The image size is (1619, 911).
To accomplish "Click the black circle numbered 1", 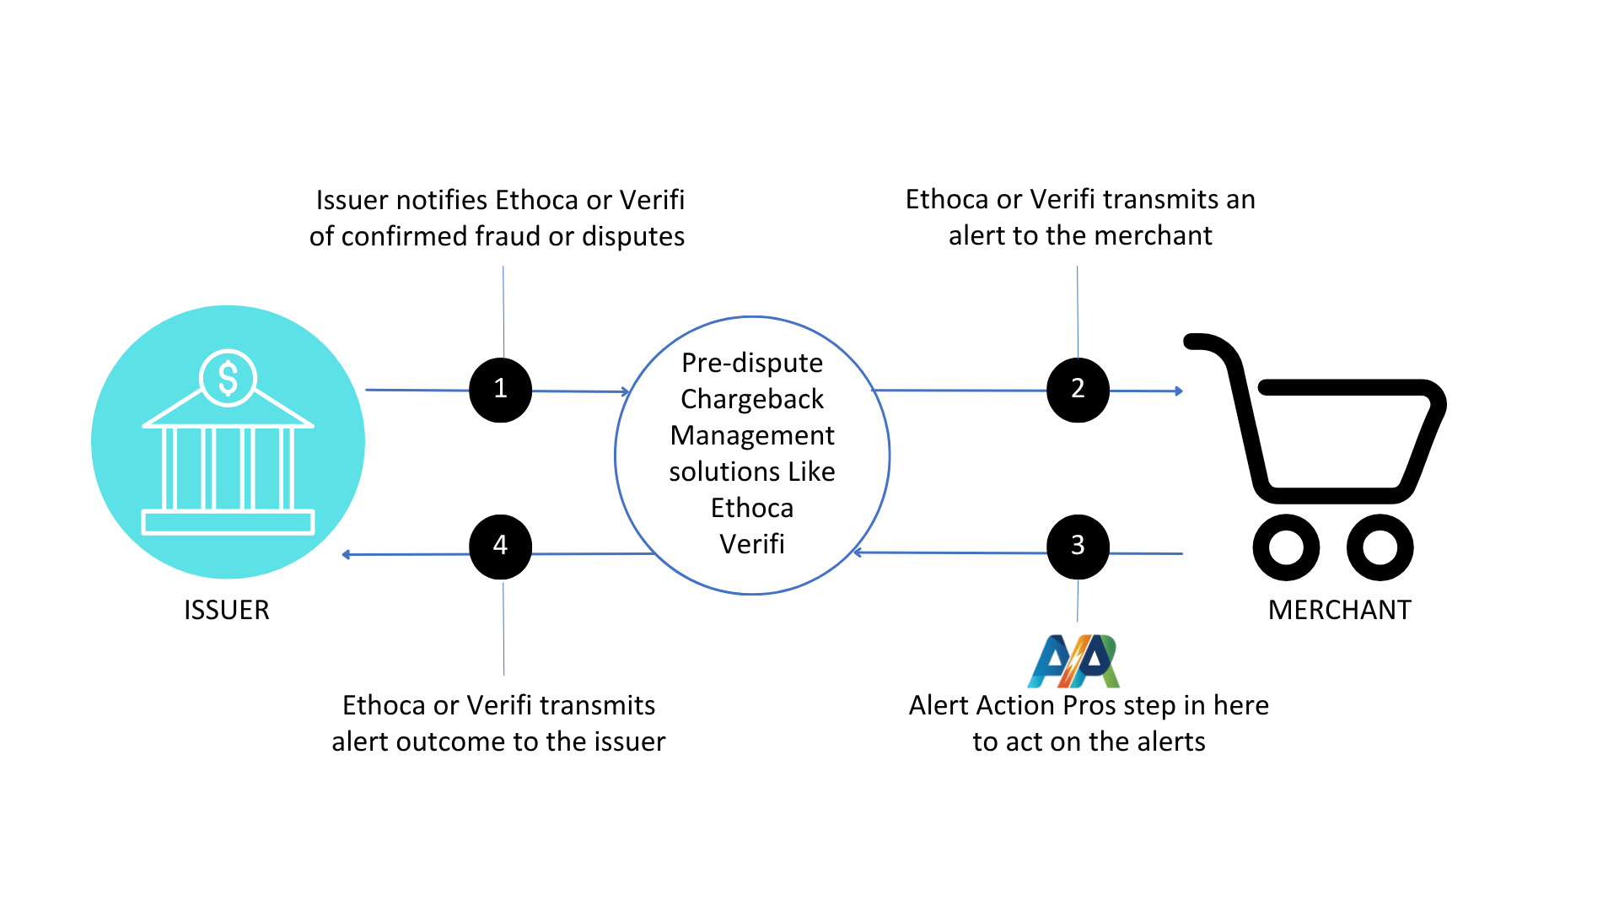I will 500,389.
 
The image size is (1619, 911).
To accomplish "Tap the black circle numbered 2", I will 1078,389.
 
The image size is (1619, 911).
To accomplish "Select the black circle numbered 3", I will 1078,546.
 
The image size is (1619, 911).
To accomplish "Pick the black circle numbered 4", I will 500,546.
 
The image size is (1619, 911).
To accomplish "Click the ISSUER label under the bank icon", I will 226,610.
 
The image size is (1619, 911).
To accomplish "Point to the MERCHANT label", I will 1339,610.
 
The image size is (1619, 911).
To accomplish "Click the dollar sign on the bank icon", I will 228,378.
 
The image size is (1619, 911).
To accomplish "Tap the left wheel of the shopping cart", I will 1285,547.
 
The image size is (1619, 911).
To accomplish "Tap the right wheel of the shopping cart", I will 1380,547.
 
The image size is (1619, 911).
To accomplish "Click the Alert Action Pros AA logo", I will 1073,661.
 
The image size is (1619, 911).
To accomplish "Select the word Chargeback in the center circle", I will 751,399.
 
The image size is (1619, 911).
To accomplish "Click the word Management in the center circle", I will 751,435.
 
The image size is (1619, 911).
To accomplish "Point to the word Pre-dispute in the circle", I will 751,363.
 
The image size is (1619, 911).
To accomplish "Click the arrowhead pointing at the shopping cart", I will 1179,391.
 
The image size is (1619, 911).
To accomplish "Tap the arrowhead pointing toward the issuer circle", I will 347,554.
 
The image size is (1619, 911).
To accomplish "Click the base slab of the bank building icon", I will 228,522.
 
